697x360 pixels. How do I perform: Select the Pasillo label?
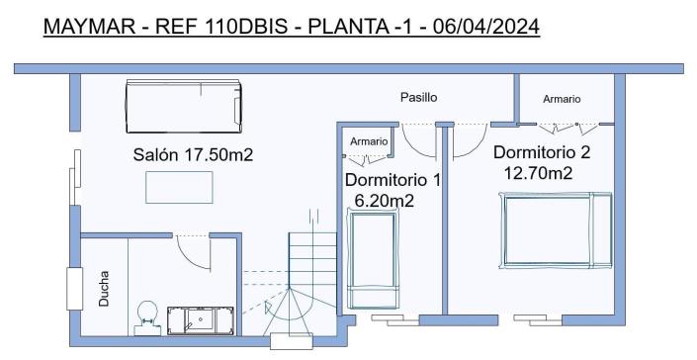coord(418,98)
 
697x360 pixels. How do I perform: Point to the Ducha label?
coord(105,290)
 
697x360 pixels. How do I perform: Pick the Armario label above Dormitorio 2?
coord(562,99)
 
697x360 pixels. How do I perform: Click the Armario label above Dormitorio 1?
coord(369,141)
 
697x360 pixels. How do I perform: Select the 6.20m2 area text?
coord(384,201)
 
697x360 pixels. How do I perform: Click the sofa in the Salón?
coord(184,106)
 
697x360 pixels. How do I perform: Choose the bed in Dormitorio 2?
coord(557,230)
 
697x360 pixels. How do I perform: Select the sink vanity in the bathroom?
coord(202,319)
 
